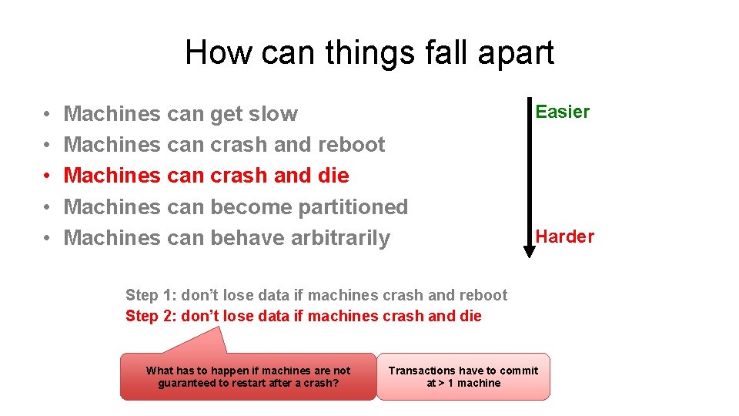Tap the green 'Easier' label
point(562,112)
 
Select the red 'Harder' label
point(565,237)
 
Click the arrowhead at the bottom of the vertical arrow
point(530,251)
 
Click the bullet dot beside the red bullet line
point(47,176)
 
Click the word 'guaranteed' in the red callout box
point(186,383)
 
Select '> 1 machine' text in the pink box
point(470,383)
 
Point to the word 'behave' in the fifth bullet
point(247,238)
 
